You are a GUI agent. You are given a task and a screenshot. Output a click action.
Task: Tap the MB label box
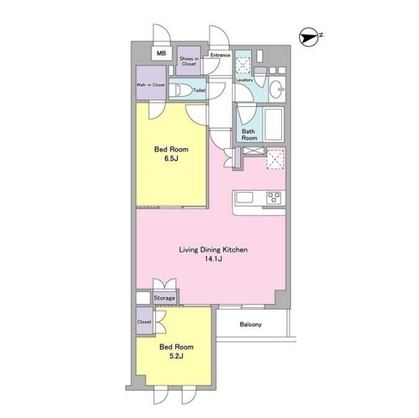point(161,54)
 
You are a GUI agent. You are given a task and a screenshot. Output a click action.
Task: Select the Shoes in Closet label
point(189,61)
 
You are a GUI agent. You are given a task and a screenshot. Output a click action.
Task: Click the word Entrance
point(220,55)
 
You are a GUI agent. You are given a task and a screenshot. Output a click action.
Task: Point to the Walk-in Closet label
point(151,85)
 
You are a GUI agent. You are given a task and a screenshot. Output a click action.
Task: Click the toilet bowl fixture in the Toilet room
point(181,90)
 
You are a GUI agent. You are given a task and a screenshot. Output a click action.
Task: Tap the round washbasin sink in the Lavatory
point(276,89)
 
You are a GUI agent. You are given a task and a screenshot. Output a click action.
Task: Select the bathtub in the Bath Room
point(274,124)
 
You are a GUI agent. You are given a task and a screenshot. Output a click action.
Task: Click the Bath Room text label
point(249,135)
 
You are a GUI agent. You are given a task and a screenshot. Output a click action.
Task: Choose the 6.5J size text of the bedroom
point(171,159)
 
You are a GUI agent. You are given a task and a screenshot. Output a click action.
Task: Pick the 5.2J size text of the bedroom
point(176,356)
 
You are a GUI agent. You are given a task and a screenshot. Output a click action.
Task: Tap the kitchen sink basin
point(244,198)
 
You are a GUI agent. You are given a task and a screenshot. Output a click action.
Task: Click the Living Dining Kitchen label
point(213,250)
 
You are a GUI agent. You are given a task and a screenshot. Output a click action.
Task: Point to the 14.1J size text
point(214,259)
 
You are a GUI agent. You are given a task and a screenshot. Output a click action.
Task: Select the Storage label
point(164,298)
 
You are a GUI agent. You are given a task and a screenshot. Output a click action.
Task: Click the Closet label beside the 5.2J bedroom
point(144,322)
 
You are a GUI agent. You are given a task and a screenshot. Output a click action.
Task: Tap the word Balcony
point(251,325)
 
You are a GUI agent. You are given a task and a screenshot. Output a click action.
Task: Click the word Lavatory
point(244,80)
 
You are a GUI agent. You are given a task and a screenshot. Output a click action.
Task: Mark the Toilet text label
point(199,90)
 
